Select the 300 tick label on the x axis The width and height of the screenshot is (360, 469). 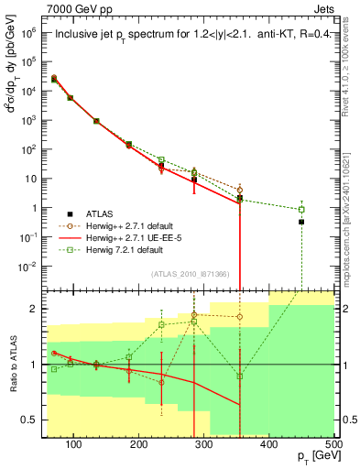pos(204,444)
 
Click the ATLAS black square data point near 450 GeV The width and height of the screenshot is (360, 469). pos(301,222)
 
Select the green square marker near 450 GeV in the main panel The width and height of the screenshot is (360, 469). pos(301,209)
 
